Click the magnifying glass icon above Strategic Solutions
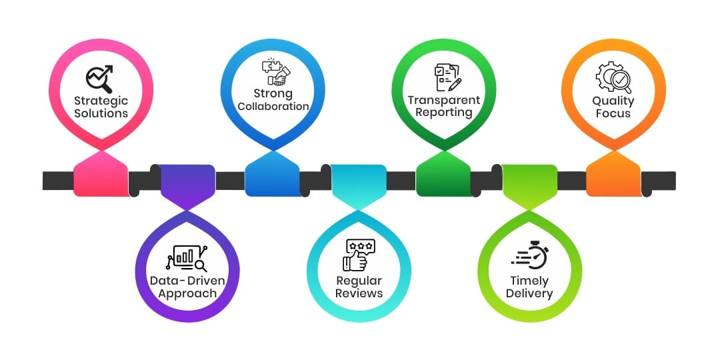(99, 77)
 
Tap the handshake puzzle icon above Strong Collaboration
(273, 72)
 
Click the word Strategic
(101, 101)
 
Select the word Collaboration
(273, 107)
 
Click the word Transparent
(444, 101)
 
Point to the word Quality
(613, 101)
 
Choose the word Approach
(187, 293)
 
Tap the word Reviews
(359, 293)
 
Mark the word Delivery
(529, 293)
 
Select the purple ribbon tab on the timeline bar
(187, 181)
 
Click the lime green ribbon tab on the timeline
(529, 181)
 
